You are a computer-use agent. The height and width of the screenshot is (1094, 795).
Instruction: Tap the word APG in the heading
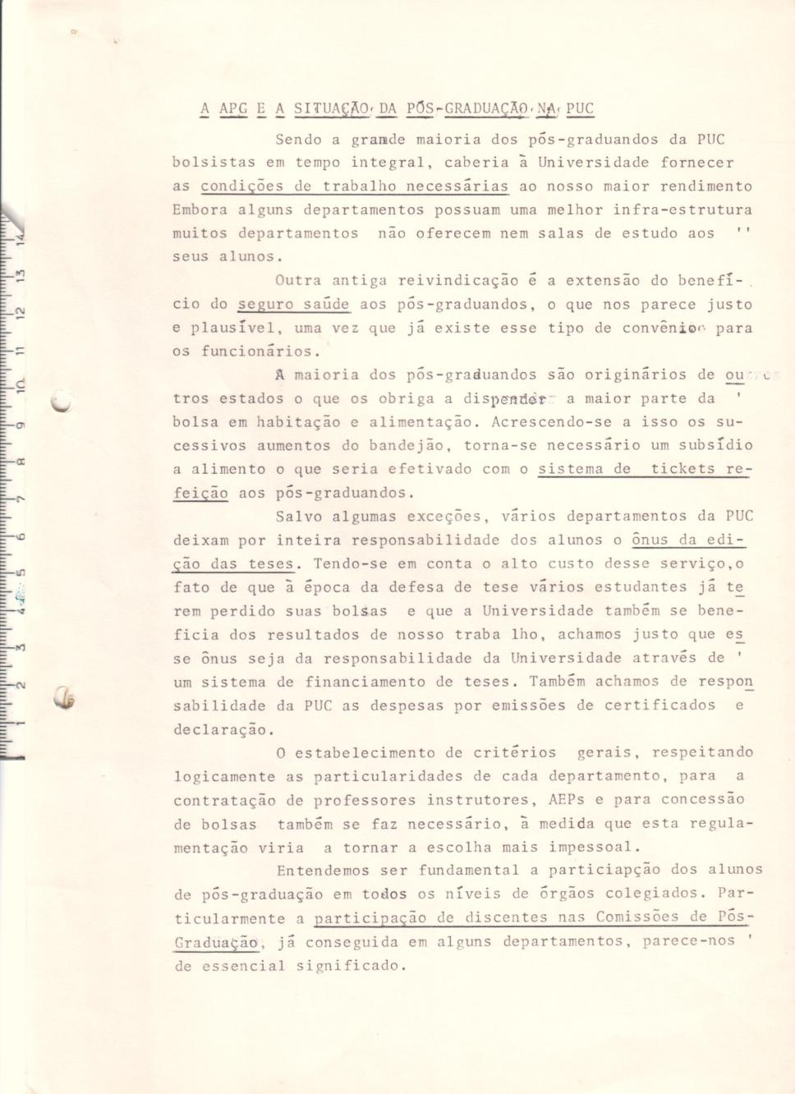(233, 108)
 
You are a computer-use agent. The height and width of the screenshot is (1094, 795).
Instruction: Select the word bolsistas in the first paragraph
(214, 163)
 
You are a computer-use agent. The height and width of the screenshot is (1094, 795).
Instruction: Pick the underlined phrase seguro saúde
(294, 305)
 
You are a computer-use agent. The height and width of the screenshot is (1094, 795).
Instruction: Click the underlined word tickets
(683, 469)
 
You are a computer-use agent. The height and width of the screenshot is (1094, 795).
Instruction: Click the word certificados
(660, 706)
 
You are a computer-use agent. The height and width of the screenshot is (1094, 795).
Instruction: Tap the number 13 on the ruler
(21, 273)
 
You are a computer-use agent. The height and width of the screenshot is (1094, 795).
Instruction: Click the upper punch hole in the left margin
(60, 402)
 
